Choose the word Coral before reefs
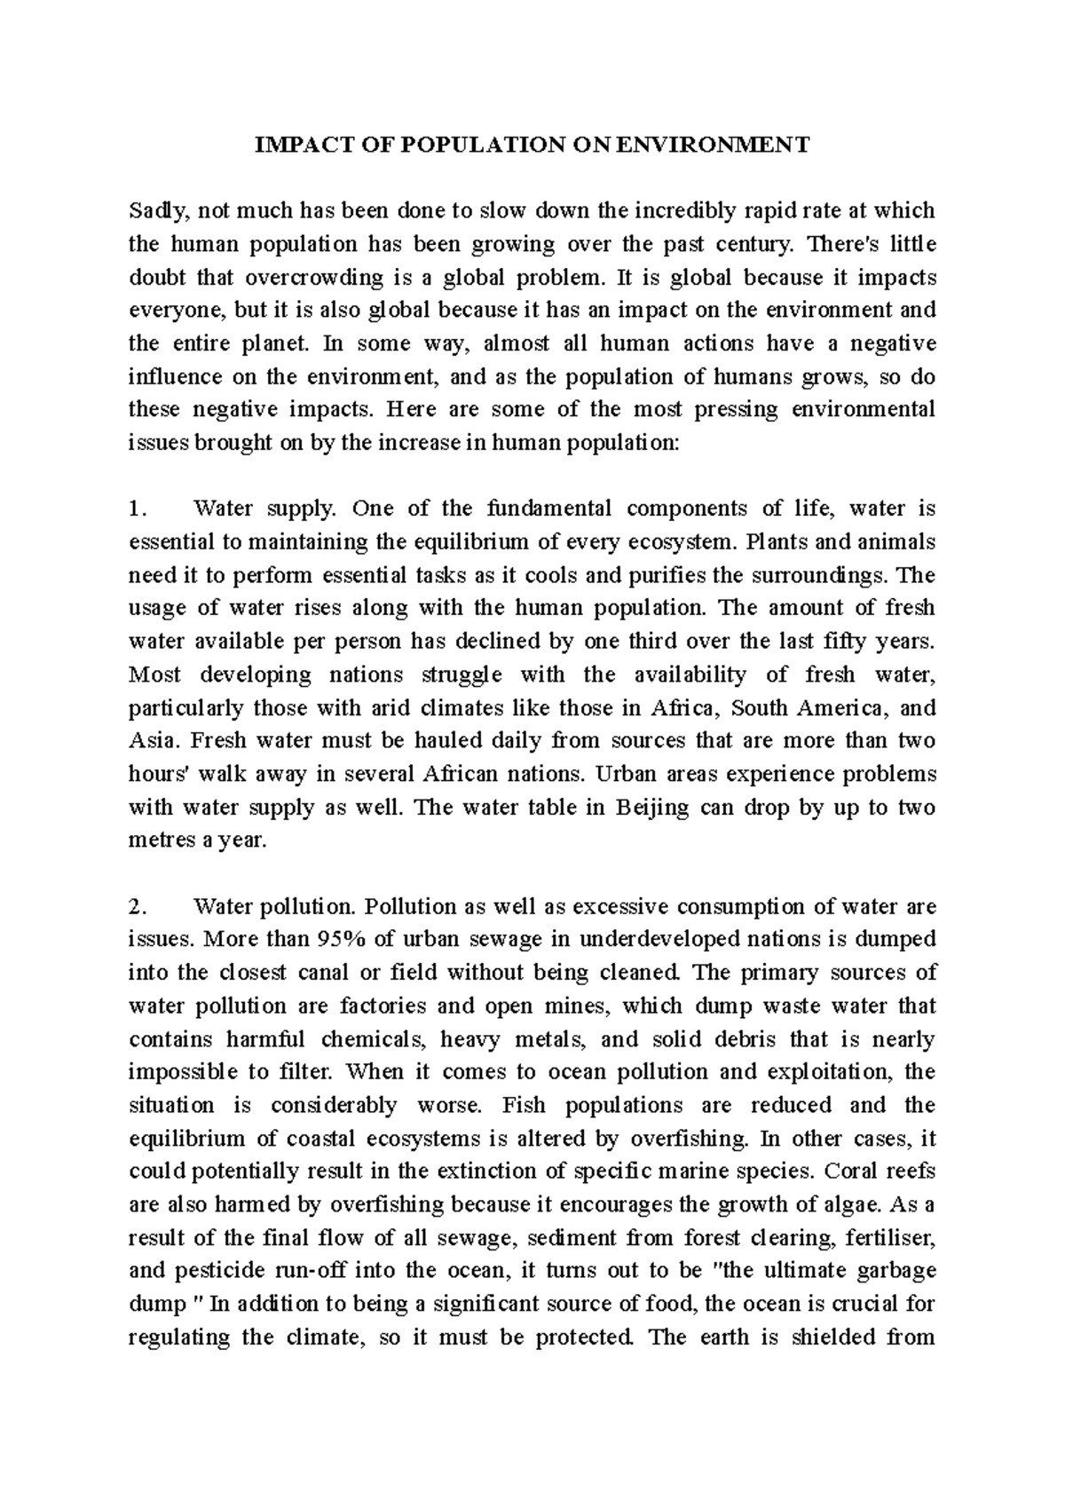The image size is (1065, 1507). (849, 1172)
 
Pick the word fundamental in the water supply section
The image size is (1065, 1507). (550, 509)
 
